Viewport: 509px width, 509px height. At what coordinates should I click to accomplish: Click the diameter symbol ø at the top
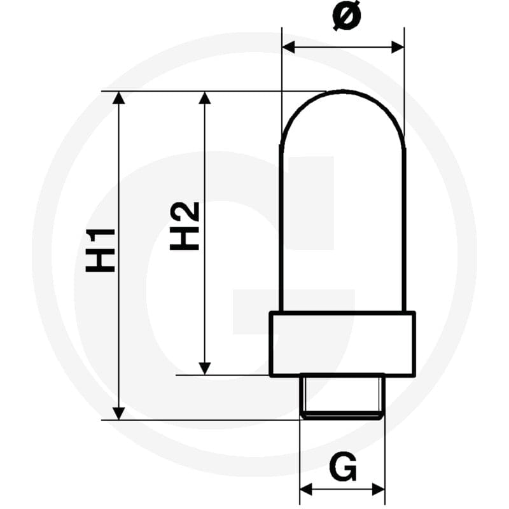(x=347, y=15)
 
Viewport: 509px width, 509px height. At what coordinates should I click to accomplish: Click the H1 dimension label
(x=100, y=250)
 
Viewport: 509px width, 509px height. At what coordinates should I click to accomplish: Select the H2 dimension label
(x=185, y=226)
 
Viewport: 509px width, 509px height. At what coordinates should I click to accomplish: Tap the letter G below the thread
(x=343, y=466)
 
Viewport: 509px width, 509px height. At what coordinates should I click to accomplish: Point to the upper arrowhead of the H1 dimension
(x=119, y=98)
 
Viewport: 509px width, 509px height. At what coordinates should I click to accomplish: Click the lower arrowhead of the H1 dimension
(x=119, y=413)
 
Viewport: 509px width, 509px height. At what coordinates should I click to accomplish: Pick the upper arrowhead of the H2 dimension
(x=204, y=98)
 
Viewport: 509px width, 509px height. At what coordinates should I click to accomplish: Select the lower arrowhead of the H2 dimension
(x=204, y=369)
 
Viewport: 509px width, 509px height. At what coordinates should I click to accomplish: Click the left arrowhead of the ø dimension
(x=289, y=47)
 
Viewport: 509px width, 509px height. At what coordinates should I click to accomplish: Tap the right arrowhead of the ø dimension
(x=398, y=47)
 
